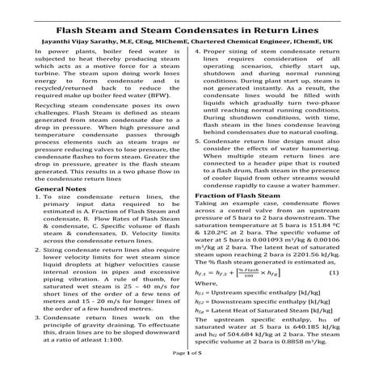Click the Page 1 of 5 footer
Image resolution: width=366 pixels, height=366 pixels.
[183, 355]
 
